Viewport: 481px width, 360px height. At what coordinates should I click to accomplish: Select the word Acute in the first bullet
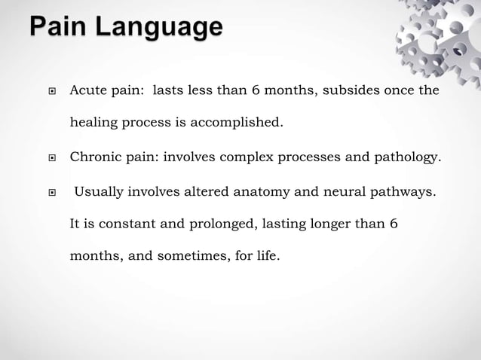[x=87, y=90]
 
